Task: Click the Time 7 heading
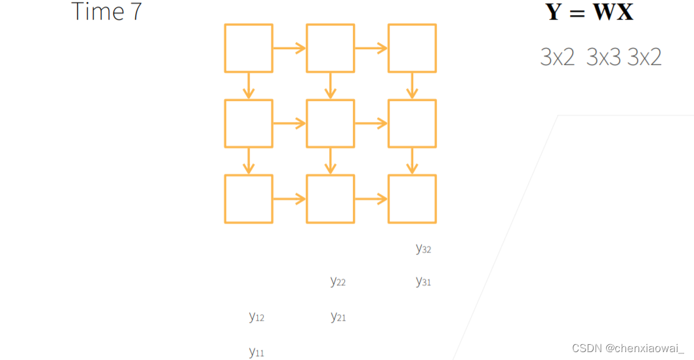coord(106,12)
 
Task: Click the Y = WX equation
coord(589,12)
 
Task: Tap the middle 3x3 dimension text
coord(603,58)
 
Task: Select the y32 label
coord(423,249)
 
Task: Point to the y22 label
coord(338,282)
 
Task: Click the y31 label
coord(423,282)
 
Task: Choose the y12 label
coord(256,317)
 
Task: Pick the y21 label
coord(338,317)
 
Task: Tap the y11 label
coord(256,352)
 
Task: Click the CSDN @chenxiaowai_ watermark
coord(628,348)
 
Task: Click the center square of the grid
coord(331,123)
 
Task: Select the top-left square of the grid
coord(249,48)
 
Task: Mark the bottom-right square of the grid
coord(412,199)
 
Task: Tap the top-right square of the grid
coord(412,48)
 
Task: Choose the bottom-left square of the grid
coord(249,199)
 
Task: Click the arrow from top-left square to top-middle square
coord(289,48)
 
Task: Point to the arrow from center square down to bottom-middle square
coord(331,161)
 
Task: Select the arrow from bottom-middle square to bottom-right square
coord(371,199)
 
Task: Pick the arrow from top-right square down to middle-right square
coord(412,85)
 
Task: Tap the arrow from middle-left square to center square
coord(289,123)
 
